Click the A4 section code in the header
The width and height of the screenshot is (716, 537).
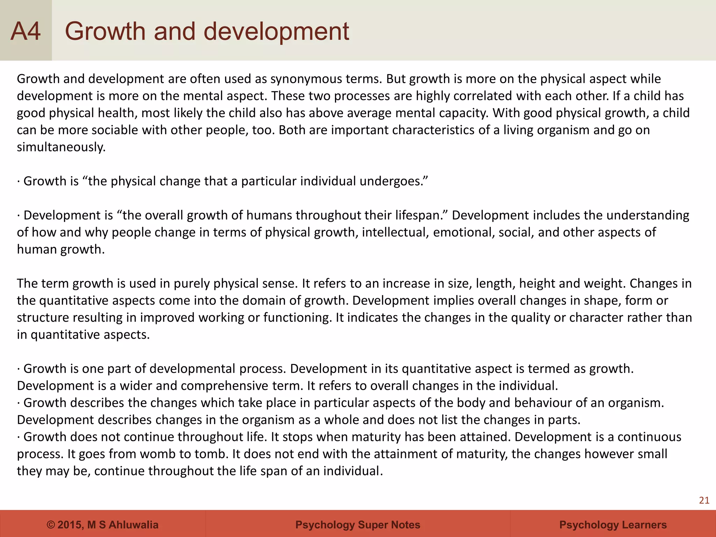click(x=26, y=31)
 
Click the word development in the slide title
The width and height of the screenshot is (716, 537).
click(x=276, y=31)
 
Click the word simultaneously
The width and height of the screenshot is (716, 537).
click(x=61, y=147)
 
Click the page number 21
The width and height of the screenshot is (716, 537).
click(x=704, y=501)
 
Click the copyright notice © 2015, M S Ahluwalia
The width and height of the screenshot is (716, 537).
click(x=102, y=525)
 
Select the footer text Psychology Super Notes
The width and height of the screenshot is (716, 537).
click(x=358, y=525)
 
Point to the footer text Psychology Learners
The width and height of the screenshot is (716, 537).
click(x=613, y=525)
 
